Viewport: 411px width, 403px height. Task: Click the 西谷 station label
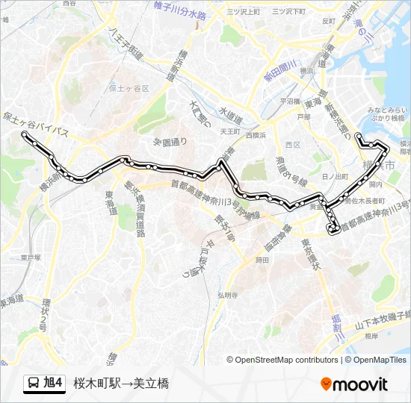tap(69, 4)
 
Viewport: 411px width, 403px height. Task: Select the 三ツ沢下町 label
tap(288, 12)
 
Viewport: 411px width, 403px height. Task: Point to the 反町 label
tap(329, 21)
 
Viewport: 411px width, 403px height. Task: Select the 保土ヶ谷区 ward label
tap(129, 88)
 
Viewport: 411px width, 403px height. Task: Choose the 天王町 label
tap(229, 131)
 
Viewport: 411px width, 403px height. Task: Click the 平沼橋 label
tap(289, 101)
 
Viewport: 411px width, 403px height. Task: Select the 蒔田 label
tap(262, 260)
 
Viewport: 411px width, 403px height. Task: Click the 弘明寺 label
tap(227, 295)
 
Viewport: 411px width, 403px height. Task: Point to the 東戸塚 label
tap(31, 257)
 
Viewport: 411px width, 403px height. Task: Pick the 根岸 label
tap(371, 337)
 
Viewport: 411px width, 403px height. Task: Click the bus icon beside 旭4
tap(34, 384)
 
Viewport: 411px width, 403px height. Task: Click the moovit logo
tap(354, 384)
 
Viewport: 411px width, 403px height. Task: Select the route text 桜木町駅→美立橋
tap(121, 384)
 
